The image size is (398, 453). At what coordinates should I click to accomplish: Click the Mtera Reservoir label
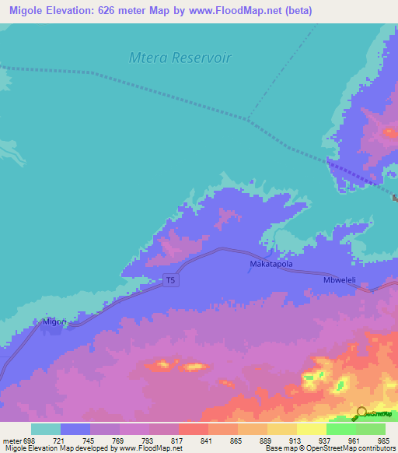tap(180, 58)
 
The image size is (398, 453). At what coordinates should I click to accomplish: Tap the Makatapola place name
tap(271, 265)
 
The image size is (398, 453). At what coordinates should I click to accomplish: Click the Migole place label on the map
tap(55, 321)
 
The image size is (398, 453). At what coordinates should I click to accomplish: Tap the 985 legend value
tap(385, 441)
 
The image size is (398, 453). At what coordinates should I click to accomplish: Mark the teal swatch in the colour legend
tap(46, 429)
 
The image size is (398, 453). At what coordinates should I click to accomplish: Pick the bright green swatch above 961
tap(341, 429)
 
